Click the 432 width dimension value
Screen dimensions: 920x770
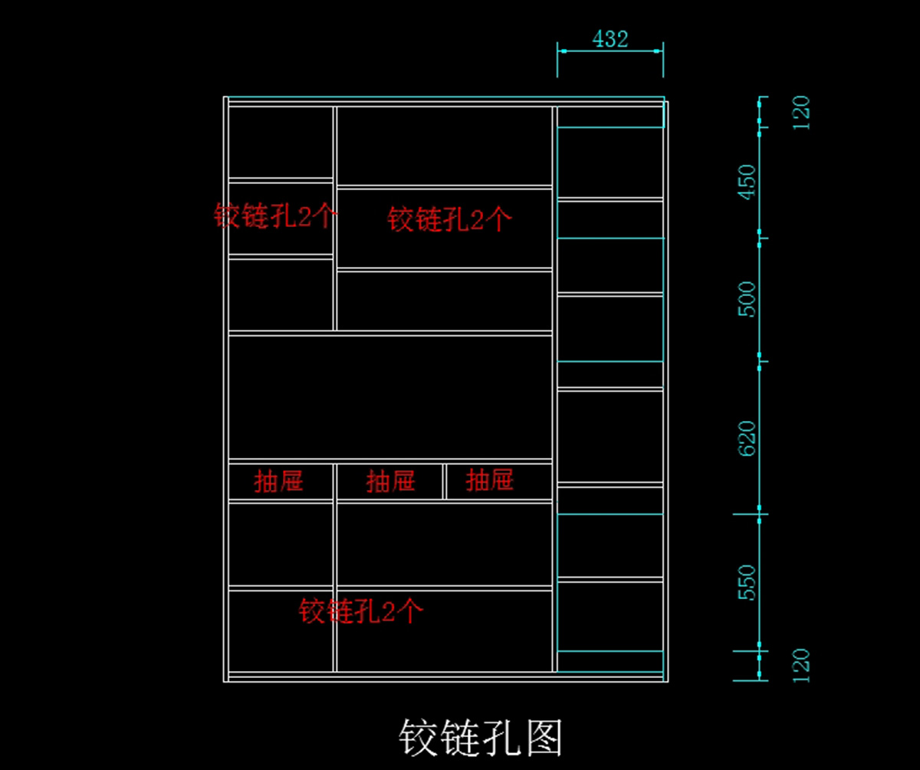pos(610,38)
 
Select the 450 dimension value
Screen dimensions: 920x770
pos(746,182)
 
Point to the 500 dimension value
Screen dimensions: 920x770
pos(746,299)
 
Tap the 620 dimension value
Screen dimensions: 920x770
pos(746,438)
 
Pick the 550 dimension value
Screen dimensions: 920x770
pos(746,583)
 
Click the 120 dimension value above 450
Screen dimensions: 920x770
pos(800,114)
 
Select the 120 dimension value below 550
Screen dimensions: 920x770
pos(800,665)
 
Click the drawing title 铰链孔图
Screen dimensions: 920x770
pos(481,739)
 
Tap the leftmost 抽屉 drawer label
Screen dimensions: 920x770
pos(278,482)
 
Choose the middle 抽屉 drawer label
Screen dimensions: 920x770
pos(390,482)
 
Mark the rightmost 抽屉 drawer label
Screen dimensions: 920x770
pos(489,481)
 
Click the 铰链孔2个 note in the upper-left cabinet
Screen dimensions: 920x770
pos(274,216)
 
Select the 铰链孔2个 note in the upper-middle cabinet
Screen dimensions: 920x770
pos(449,220)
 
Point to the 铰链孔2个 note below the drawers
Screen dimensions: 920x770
pos(360,611)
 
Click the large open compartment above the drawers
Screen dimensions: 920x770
pos(390,397)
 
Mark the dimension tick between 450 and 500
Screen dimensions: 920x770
pos(760,239)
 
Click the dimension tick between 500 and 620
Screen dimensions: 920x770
pos(760,361)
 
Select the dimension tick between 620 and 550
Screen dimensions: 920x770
pos(760,514)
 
